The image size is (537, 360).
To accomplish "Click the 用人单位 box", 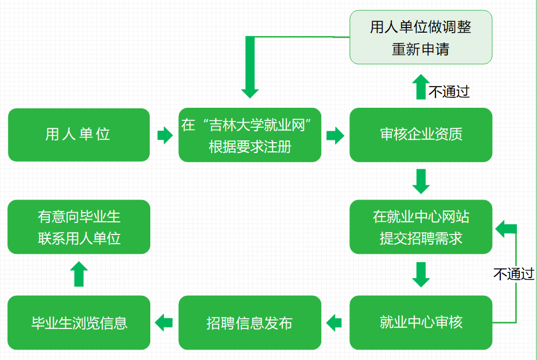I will [x=79, y=135].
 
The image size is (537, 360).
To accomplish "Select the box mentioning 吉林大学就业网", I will [x=250, y=135].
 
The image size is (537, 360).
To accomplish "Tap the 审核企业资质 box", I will [x=421, y=135].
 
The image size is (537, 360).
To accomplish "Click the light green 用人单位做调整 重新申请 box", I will [x=421, y=37].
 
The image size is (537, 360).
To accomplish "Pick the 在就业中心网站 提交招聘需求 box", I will [x=421, y=227].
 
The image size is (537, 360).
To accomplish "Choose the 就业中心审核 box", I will [x=421, y=322].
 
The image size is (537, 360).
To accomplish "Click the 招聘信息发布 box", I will [x=250, y=322].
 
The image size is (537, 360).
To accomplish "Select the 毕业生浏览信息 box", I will [x=79, y=322].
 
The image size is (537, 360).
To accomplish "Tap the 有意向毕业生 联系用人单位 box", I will [x=79, y=227].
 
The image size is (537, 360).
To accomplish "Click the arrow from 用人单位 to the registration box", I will [x=164, y=136].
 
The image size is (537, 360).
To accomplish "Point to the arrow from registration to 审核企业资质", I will [x=335, y=136].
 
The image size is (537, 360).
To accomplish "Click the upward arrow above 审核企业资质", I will [x=421, y=87].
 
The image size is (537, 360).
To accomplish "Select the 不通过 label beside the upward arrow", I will [x=449, y=92].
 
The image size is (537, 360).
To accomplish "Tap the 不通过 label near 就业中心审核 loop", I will [x=513, y=274].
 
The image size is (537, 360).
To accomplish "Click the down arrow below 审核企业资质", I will [x=421, y=181].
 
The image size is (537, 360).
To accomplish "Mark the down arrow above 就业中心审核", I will [x=421, y=275].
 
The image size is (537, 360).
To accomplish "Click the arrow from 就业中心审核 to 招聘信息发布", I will [x=335, y=322].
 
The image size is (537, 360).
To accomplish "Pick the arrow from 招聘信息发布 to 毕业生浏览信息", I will [x=164, y=322].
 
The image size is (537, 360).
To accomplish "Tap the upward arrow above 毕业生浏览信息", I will [x=79, y=275].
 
